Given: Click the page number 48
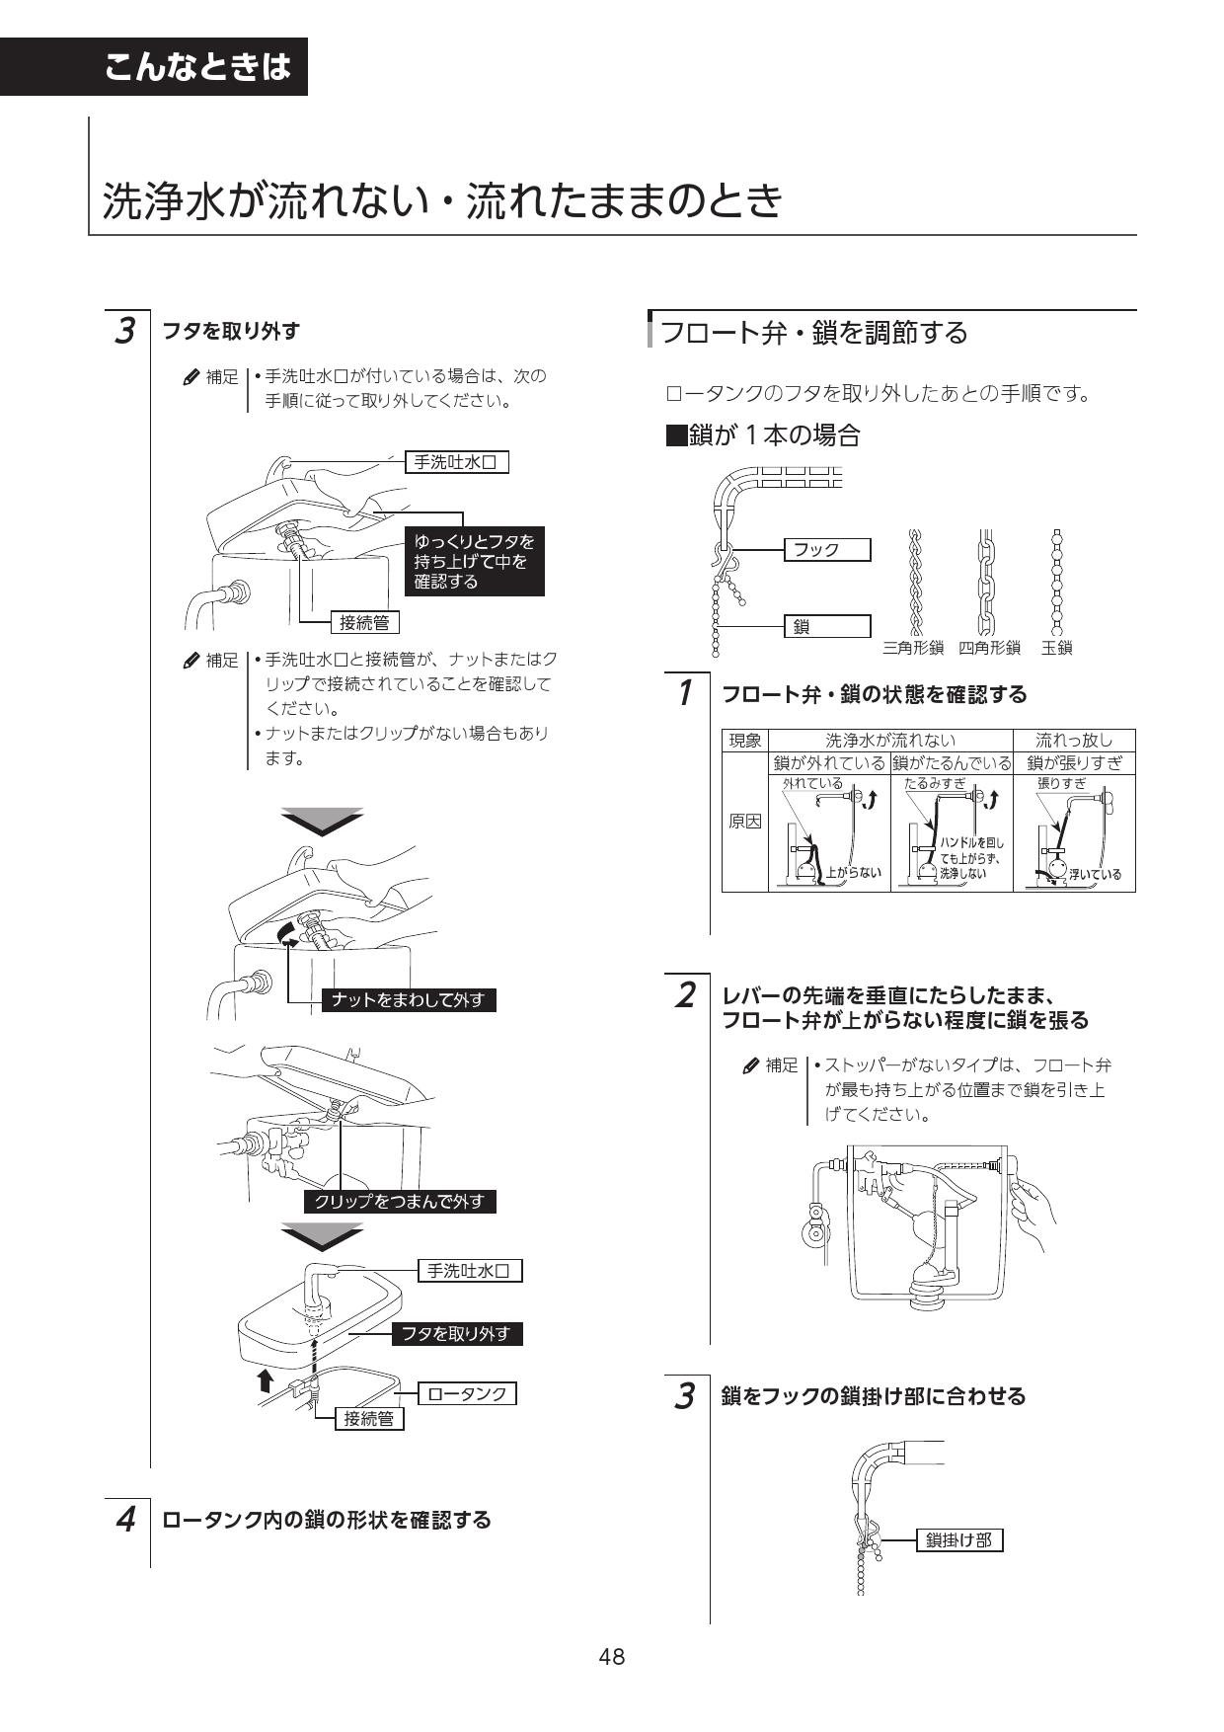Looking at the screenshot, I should pos(611,1657).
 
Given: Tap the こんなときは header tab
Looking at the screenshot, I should pos(197,67).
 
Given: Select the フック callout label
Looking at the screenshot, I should pos(826,550).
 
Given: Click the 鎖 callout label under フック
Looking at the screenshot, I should pos(826,626).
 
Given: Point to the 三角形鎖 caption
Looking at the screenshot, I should pos(913,649).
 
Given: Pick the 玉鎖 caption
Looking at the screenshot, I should pos(1056,649).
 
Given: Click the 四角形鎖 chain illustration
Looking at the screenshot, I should pos(985,583).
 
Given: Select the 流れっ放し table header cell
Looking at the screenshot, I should pos(1074,741).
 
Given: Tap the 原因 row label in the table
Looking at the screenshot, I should pos(745,822).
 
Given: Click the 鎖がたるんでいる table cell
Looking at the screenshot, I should pos(952,763).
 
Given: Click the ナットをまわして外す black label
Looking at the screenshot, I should pos(409,1000).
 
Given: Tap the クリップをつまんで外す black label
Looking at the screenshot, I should pos(400,1202).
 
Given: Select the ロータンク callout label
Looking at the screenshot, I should pos(467,1393).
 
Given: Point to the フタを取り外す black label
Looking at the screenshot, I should pos(455,1334).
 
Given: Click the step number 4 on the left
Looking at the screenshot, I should pos(125,1520).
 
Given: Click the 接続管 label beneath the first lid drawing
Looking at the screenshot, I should pos(364,622).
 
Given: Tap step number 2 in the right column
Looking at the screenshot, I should pos(683,995).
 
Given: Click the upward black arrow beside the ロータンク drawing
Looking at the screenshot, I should pos(265,1378).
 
